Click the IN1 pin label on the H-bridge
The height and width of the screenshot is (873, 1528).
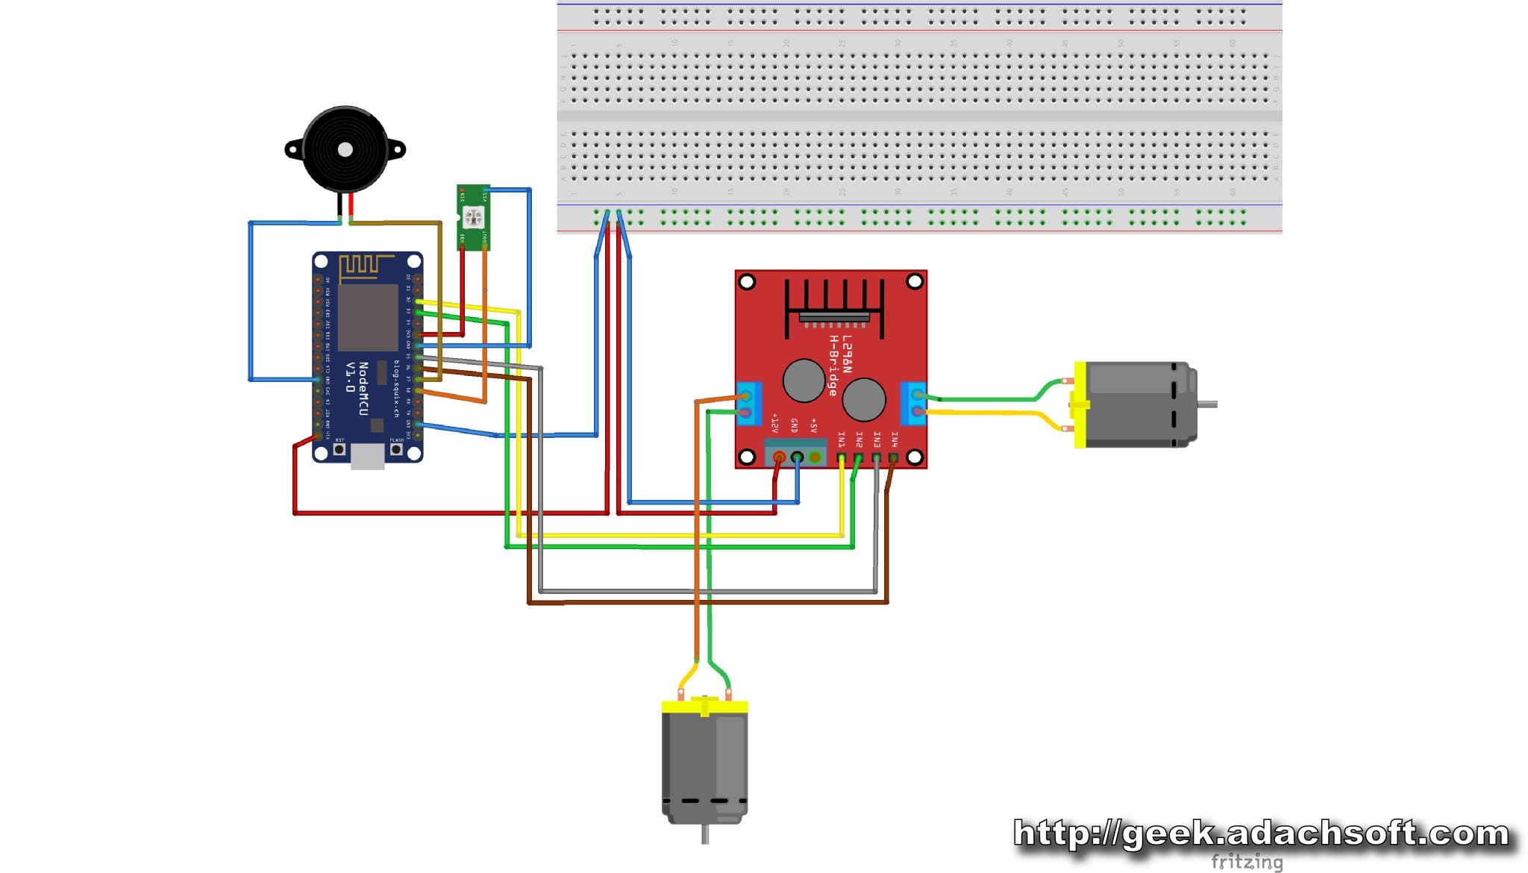pos(842,439)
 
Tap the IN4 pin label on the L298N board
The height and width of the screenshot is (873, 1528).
pos(894,439)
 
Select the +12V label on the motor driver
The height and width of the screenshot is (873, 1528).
pos(775,424)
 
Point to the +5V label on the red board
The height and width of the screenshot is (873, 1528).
pos(813,425)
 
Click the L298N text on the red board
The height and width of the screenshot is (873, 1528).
pos(846,354)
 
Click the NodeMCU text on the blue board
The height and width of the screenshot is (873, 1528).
pos(363,389)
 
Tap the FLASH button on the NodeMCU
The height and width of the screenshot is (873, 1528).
pos(396,449)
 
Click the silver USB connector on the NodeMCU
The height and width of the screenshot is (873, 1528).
pos(367,457)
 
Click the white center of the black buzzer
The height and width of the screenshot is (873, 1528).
pos(345,150)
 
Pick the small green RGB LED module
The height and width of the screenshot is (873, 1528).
pos(473,217)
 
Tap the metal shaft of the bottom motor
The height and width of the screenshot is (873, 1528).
pos(705,834)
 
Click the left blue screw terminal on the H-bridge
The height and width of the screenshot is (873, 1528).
pos(748,404)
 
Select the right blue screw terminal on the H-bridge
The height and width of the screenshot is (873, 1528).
pos(913,404)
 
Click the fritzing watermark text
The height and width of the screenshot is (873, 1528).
pos(1246,862)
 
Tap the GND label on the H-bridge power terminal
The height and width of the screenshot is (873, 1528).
pos(794,425)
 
